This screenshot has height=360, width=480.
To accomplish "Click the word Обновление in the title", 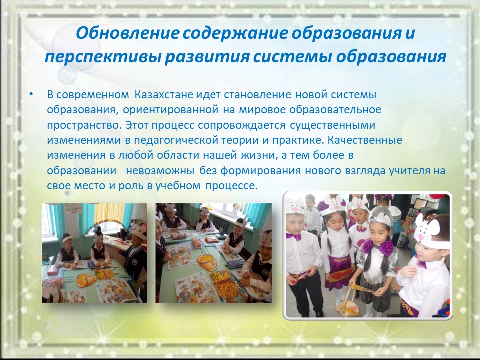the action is click(127, 33).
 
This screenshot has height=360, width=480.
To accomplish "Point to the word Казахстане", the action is click(164, 95).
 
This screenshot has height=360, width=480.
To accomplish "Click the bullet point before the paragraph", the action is click(31, 94).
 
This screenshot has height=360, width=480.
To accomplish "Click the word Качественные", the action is click(365, 140).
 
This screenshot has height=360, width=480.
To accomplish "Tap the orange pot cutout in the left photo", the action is click(86, 280).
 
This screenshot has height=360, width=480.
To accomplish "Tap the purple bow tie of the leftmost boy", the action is click(294, 236).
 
